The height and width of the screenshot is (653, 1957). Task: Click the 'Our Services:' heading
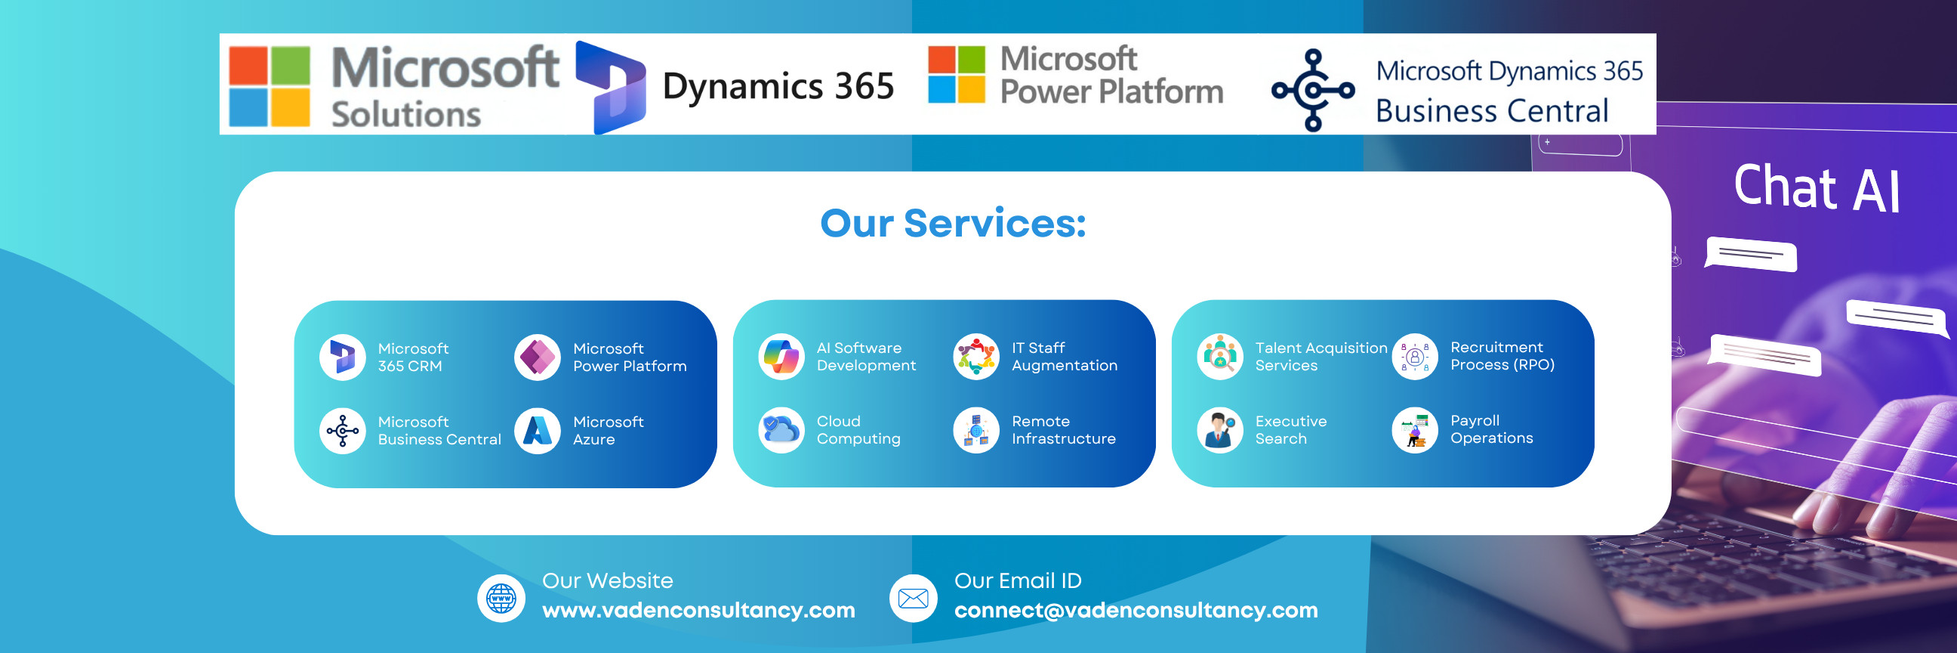pyautogui.click(x=953, y=224)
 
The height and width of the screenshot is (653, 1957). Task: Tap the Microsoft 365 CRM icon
pyautogui.click(x=343, y=357)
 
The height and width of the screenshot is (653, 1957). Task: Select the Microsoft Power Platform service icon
pyautogui.click(x=537, y=357)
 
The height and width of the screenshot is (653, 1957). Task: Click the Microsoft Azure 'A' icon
pyautogui.click(x=537, y=430)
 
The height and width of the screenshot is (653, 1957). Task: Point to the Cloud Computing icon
pyautogui.click(x=781, y=430)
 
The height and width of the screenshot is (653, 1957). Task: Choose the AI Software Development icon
pyautogui.click(x=781, y=357)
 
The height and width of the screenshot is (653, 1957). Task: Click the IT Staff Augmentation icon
pyautogui.click(x=976, y=357)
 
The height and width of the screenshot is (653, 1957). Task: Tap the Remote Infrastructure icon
pyautogui.click(x=976, y=430)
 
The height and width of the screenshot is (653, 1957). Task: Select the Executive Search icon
pyautogui.click(x=1220, y=430)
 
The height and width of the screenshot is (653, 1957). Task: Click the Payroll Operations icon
pyautogui.click(x=1415, y=430)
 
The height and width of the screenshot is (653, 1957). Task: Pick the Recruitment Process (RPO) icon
pyautogui.click(x=1415, y=357)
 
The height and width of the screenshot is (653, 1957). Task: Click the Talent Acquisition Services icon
pyautogui.click(x=1220, y=357)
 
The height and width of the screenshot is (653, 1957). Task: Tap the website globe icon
pyautogui.click(x=501, y=599)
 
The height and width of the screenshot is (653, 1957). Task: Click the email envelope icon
pyautogui.click(x=913, y=599)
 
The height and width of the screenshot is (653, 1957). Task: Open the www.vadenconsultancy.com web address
pyautogui.click(x=698, y=611)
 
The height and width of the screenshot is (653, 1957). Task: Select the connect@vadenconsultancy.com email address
pyautogui.click(x=1136, y=611)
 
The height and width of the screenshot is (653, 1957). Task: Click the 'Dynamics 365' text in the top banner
pyautogui.click(x=778, y=86)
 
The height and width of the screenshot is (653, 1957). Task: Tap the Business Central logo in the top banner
pyautogui.click(x=1313, y=91)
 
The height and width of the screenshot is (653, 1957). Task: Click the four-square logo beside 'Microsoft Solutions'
pyautogui.click(x=270, y=86)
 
